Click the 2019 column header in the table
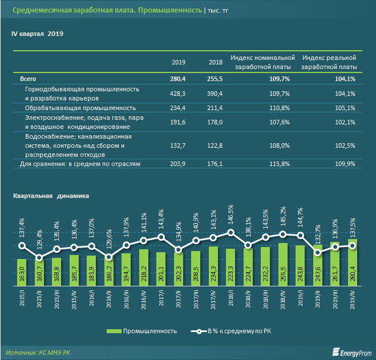tap(179, 62)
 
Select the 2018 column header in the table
tap(215, 62)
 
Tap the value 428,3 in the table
tap(178, 93)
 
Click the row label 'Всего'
tap(29, 79)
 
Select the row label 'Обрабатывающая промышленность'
tap(80, 108)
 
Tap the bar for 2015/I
tap(22, 271)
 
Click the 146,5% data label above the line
tap(230, 214)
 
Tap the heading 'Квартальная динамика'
tap(52, 196)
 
